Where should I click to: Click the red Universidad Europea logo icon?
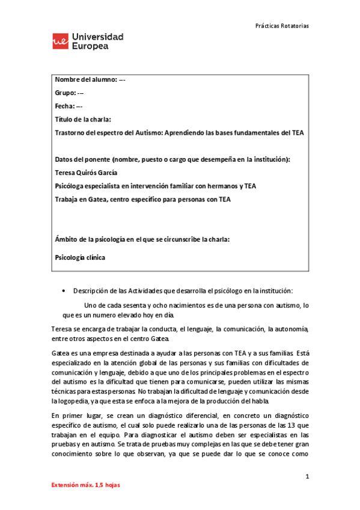click(x=61, y=41)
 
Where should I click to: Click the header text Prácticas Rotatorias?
click(x=282, y=26)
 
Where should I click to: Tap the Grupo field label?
click(x=66, y=93)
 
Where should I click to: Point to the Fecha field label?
click(x=65, y=106)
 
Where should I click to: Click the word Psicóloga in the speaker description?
click(x=71, y=186)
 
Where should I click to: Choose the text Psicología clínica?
click(x=80, y=257)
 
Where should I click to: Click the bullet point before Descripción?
click(x=64, y=290)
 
